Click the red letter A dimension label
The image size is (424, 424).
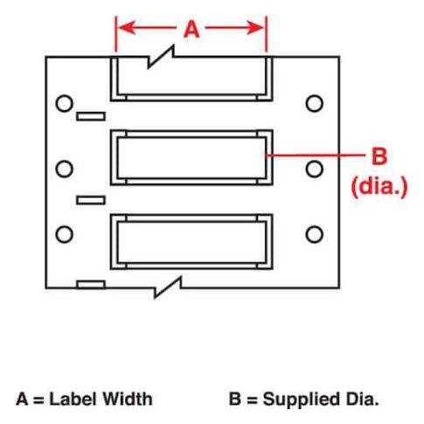click(x=191, y=30)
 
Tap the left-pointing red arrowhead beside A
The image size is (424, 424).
click(x=127, y=28)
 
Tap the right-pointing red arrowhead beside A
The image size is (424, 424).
click(x=254, y=28)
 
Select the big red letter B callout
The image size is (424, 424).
click(x=379, y=156)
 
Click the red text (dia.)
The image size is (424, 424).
click(x=379, y=187)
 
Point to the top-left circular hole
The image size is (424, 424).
click(x=64, y=103)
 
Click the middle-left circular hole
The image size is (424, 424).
click(x=64, y=169)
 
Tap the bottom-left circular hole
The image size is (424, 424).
click(x=64, y=234)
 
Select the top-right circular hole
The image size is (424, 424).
click(x=315, y=103)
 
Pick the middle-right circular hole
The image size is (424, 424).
click(x=315, y=169)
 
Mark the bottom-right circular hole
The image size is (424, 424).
click(x=315, y=234)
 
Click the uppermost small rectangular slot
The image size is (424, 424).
click(x=91, y=116)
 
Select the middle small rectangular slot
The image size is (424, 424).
click(x=91, y=200)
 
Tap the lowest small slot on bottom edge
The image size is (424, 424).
click(x=91, y=284)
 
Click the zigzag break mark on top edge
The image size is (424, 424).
click(x=161, y=57)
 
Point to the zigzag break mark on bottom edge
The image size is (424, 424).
click(x=168, y=288)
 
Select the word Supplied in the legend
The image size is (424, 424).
click(x=302, y=400)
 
